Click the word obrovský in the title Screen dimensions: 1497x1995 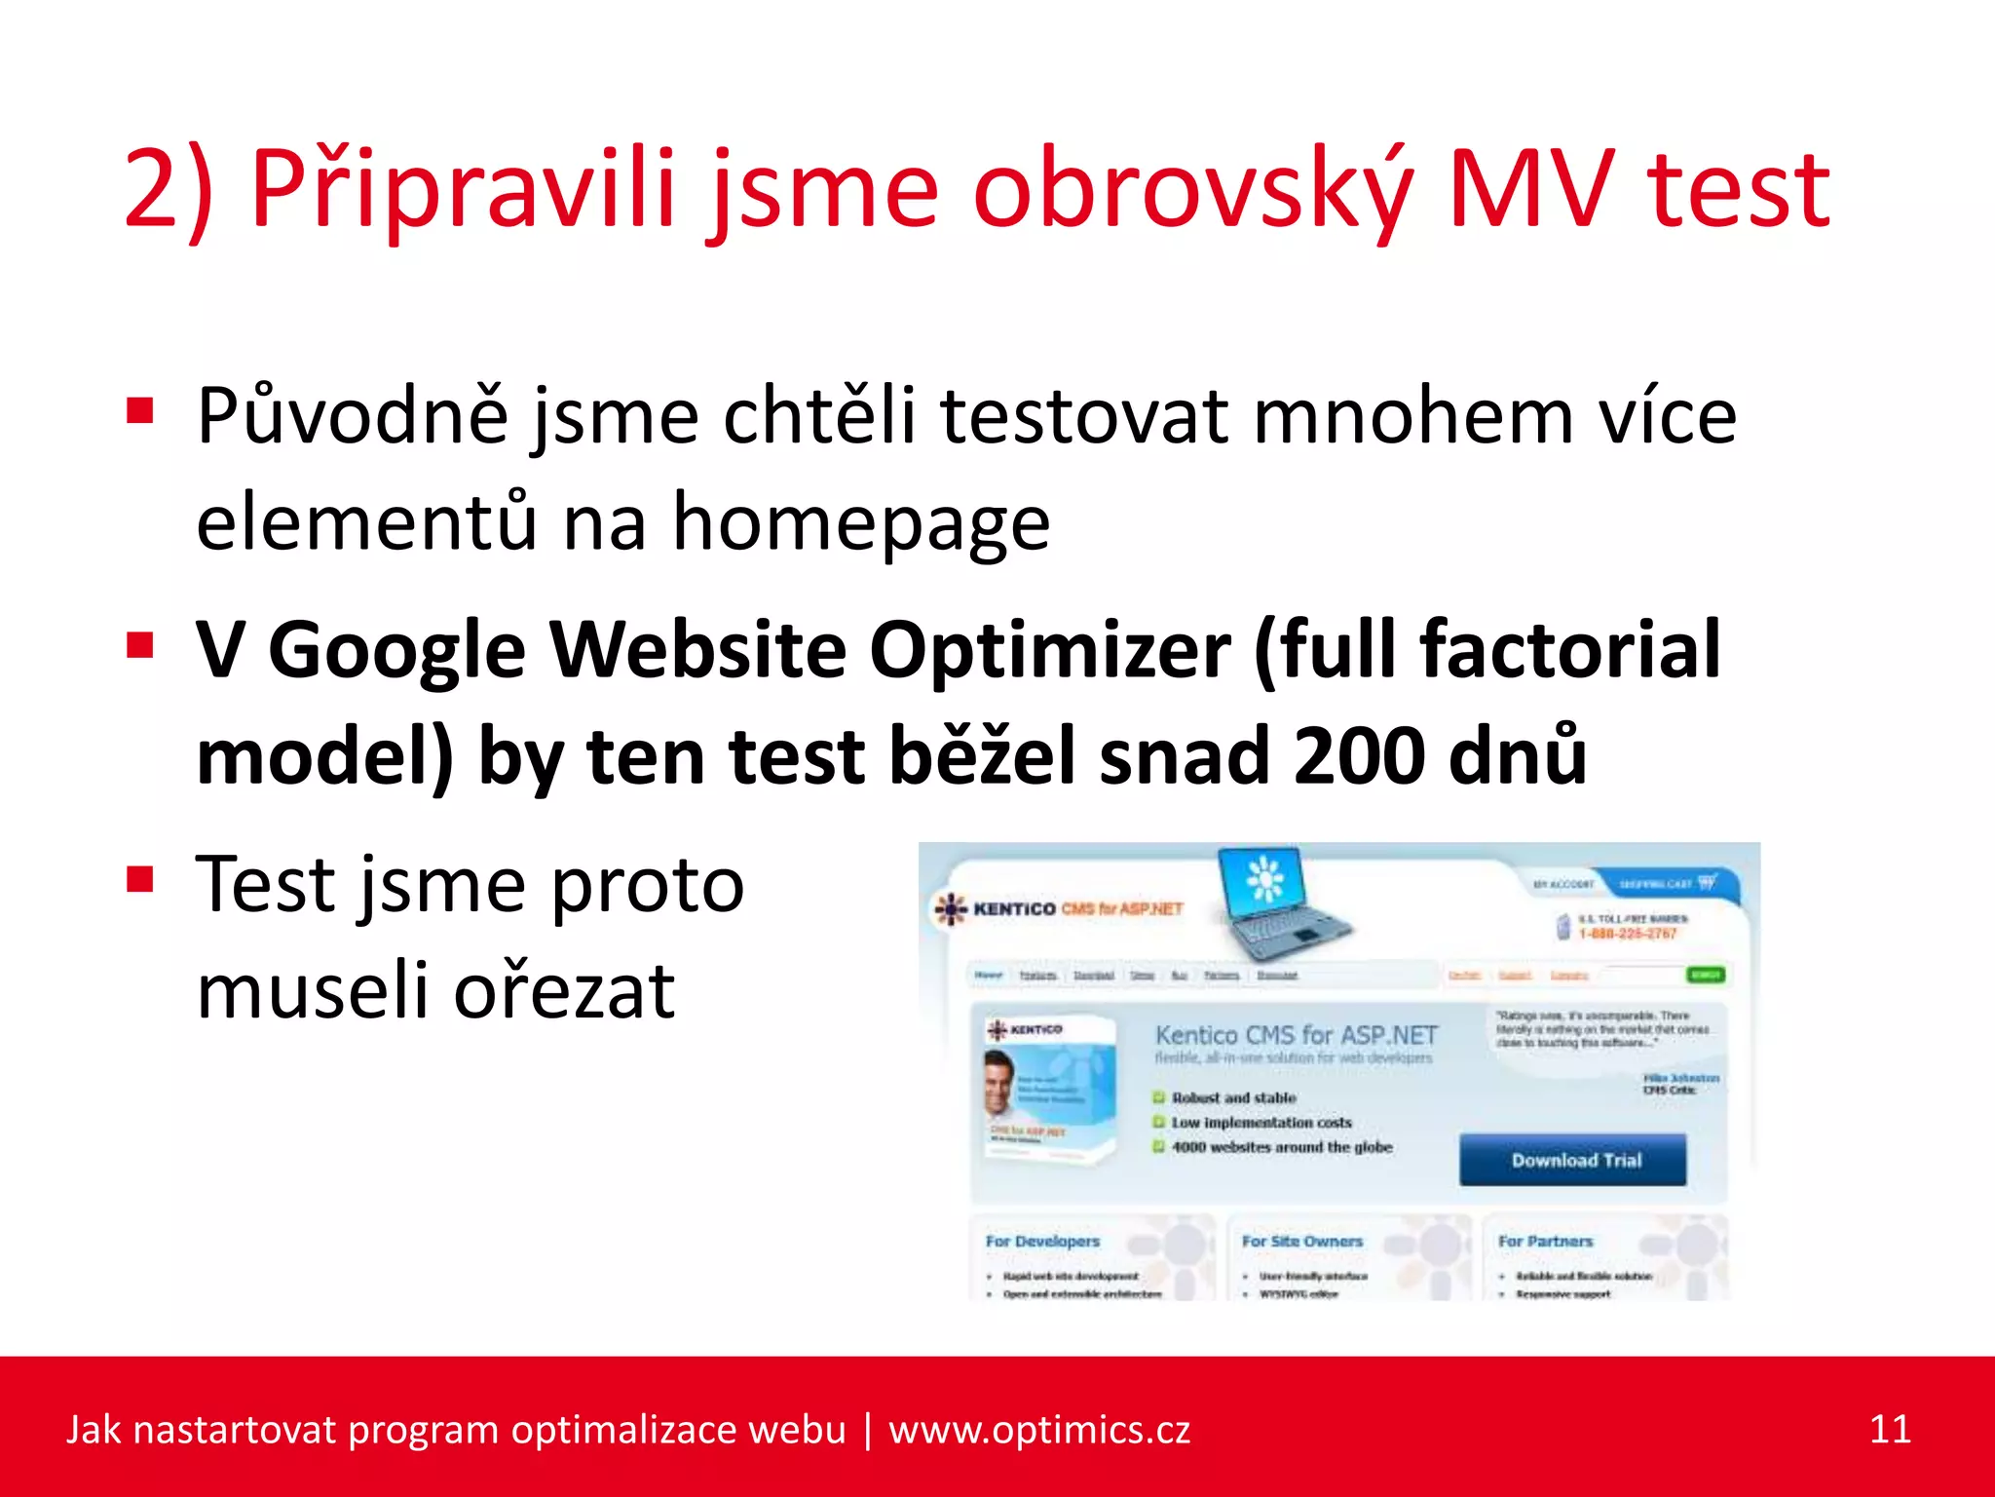click(1191, 190)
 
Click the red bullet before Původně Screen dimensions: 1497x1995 click(140, 410)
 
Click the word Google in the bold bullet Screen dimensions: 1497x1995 click(395, 651)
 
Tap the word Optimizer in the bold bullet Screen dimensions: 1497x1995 click(1049, 651)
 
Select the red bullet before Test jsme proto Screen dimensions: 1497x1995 click(140, 879)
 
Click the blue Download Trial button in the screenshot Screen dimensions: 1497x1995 click(1572, 1160)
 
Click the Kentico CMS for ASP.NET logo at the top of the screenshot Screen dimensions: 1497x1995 click(1060, 908)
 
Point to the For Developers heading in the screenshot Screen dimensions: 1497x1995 click(1042, 1241)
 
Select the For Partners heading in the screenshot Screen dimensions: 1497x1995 click(1545, 1241)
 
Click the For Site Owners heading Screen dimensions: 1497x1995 click(1301, 1241)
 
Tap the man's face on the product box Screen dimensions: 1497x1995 click(999, 1082)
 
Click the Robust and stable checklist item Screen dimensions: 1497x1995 click(1232, 1097)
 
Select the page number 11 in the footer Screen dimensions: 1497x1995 click(1889, 1430)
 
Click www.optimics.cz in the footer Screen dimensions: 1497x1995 click(1038, 1430)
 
